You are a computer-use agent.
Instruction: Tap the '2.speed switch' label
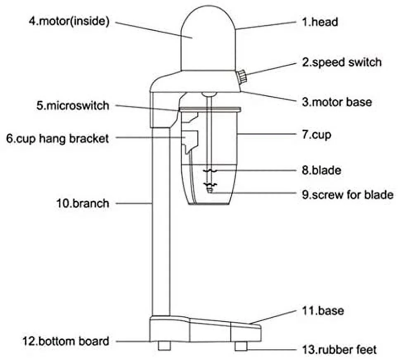pyautogui.click(x=341, y=62)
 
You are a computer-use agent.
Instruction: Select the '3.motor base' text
pyautogui.click(x=336, y=102)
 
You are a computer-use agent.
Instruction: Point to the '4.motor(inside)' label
pyautogui.click(x=69, y=21)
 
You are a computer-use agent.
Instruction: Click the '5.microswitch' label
pyautogui.click(x=73, y=106)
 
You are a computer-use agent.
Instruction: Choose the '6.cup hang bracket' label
pyautogui.click(x=58, y=138)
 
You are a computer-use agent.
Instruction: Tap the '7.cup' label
pyautogui.click(x=316, y=135)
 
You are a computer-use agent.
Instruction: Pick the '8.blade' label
pyautogui.click(x=321, y=170)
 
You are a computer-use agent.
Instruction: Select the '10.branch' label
pyautogui.click(x=83, y=203)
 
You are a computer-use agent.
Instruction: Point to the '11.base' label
pyautogui.click(x=323, y=310)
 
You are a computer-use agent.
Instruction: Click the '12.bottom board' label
pyautogui.click(x=66, y=341)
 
